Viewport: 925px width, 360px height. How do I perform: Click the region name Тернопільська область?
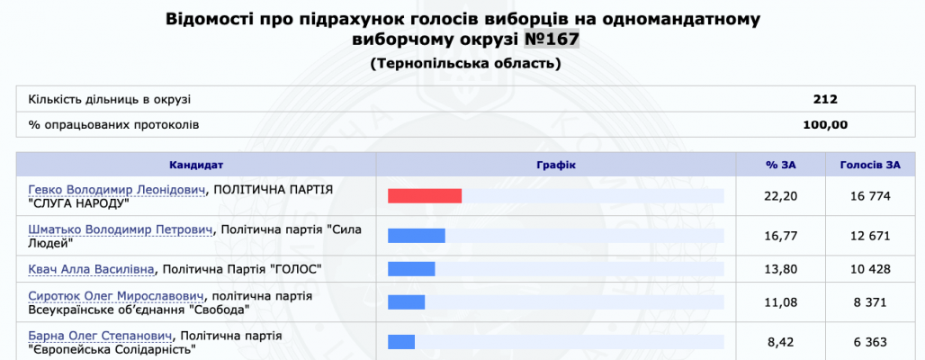point(465,63)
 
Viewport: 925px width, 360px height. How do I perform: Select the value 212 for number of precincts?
point(825,100)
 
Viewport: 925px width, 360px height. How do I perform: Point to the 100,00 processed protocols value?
point(825,125)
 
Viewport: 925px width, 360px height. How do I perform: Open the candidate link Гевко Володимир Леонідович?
point(117,189)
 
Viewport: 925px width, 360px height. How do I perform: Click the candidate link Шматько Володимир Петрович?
point(121,229)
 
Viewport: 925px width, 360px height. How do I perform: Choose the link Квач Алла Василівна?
point(92,270)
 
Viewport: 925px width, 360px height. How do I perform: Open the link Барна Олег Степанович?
point(100,336)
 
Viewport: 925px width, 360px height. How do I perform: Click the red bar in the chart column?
point(425,196)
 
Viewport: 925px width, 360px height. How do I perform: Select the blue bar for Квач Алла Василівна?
point(411,269)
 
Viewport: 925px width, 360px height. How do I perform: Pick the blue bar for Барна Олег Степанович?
point(401,342)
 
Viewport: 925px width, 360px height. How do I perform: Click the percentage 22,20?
point(780,196)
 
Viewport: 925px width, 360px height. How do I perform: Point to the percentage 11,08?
point(780,302)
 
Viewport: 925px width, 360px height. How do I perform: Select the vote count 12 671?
point(870,236)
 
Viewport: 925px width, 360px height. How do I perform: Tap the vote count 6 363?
point(870,342)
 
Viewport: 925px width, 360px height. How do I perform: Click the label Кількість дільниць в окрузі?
point(110,100)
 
